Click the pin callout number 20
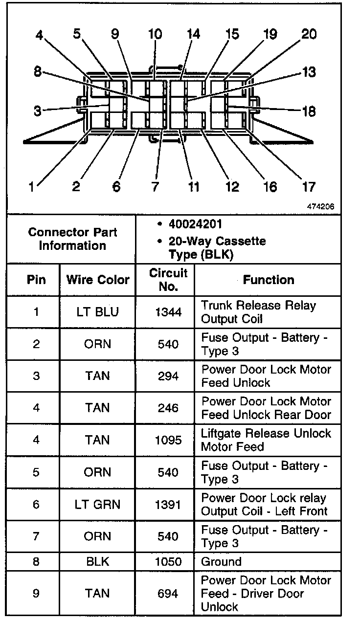pyautogui.click(x=309, y=34)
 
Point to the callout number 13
pyautogui.click(x=308, y=73)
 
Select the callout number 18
pyautogui.click(x=309, y=111)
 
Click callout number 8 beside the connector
pyautogui.click(x=38, y=72)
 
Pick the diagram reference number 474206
pyautogui.click(x=320, y=206)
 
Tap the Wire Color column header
pyautogui.click(x=98, y=280)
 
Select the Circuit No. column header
pyautogui.click(x=168, y=280)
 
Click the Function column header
pyautogui.click(x=269, y=280)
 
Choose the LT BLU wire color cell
pyautogui.click(x=97, y=312)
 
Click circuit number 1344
pyautogui.click(x=168, y=312)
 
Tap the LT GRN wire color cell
pyautogui.click(x=97, y=505)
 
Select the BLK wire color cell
pyautogui.click(x=97, y=562)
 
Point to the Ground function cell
pyautogui.click(x=221, y=562)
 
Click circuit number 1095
pyautogui.click(x=168, y=440)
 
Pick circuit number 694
pyautogui.click(x=168, y=594)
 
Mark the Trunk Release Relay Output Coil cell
pyautogui.click(x=258, y=312)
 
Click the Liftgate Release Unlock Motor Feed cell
pyautogui.click(x=266, y=440)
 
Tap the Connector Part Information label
pyautogui.click(x=72, y=239)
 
